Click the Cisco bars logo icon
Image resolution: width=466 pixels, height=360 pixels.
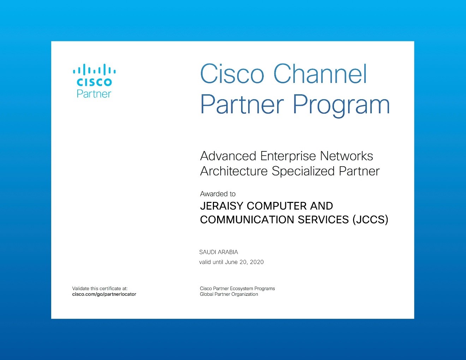click(x=94, y=70)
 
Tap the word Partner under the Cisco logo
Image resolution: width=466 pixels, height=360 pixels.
click(x=94, y=94)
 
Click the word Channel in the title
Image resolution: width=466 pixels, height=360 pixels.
click(x=321, y=74)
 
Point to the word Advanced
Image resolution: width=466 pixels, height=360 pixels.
click(x=228, y=156)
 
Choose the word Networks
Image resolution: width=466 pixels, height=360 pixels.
click(x=347, y=156)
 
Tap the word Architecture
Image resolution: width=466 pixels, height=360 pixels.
click(x=234, y=171)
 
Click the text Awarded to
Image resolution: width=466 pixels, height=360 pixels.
click(x=218, y=194)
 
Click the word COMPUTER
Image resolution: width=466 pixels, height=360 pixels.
click(x=276, y=206)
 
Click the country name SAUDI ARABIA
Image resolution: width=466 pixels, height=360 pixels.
click(x=219, y=252)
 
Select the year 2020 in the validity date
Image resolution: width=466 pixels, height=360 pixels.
click(x=257, y=262)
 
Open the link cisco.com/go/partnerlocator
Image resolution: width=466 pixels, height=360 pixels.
click(x=104, y=294)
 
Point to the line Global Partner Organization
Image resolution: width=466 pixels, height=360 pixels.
click(x=229, y=294)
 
